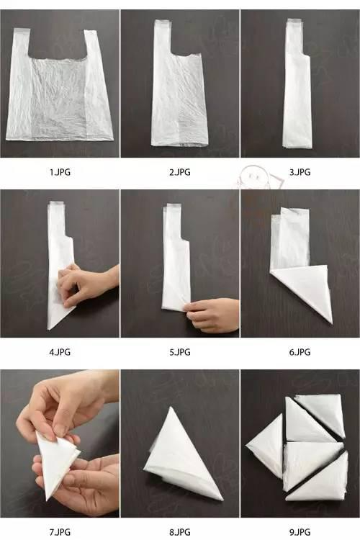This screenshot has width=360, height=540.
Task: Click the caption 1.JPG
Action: [x=60, y=172]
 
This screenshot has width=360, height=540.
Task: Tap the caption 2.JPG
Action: [x=179, y=172]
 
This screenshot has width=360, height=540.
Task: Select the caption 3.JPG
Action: [x=300, y=172]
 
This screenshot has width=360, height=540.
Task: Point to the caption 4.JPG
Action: [x=60, y=352]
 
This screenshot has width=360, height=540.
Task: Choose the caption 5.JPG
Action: [x=179, y=352]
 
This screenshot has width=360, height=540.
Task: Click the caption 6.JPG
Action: [x=300, y=352]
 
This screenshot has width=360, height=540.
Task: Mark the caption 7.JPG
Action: [x=60, y=532]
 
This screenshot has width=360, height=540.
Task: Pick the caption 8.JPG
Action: [x=179, y=532]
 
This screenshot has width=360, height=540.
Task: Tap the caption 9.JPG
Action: [x=300, y=532]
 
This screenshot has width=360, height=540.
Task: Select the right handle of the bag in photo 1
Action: [x=91, y=45]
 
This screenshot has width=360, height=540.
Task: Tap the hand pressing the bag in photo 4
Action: [x=88, y=284]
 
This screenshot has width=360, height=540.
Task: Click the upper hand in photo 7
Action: [x=66, y=403]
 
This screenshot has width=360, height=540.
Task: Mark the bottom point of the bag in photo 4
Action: [x=49, y=329]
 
